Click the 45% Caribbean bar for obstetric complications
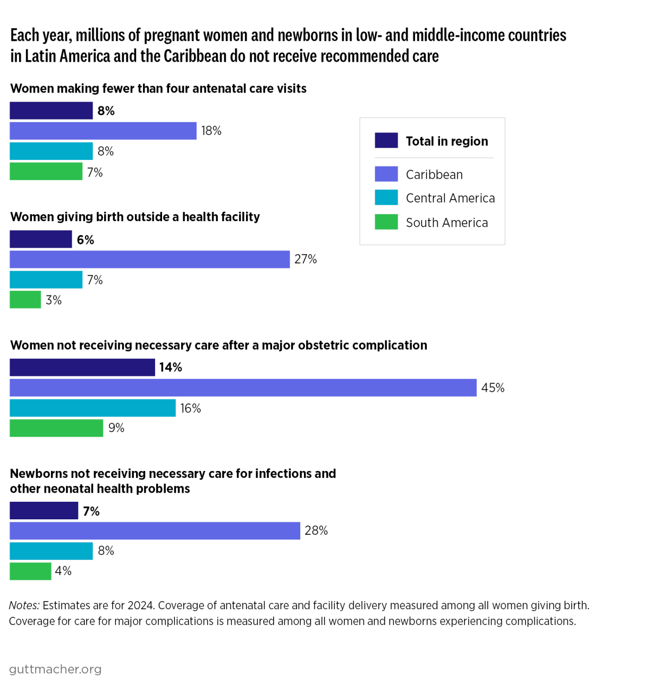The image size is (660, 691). click(243, 387)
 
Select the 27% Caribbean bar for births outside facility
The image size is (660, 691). click(149, 259)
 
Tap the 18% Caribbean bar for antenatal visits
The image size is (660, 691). click(103, 131)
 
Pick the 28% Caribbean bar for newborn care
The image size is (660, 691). click(155, 530)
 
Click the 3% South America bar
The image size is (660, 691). click(25, 300)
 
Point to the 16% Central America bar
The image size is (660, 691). click(92, 408)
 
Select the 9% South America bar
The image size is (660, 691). click(56, 428)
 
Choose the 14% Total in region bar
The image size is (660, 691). click(82, 367)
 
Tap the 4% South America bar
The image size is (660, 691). click(30, 571)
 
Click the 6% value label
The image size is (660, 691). click(86, 240)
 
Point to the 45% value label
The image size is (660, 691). click(493, 388)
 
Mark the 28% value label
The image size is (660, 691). click(316, 530)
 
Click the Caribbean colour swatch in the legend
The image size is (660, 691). click(386, 174)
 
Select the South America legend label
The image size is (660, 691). click(446, 223)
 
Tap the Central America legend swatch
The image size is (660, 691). click(386, 198)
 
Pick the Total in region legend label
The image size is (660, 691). click(446, 141)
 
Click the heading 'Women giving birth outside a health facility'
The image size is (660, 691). click(135, 217)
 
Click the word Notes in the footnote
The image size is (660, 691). click(24, 605)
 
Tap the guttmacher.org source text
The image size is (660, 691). click(55, 669)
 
